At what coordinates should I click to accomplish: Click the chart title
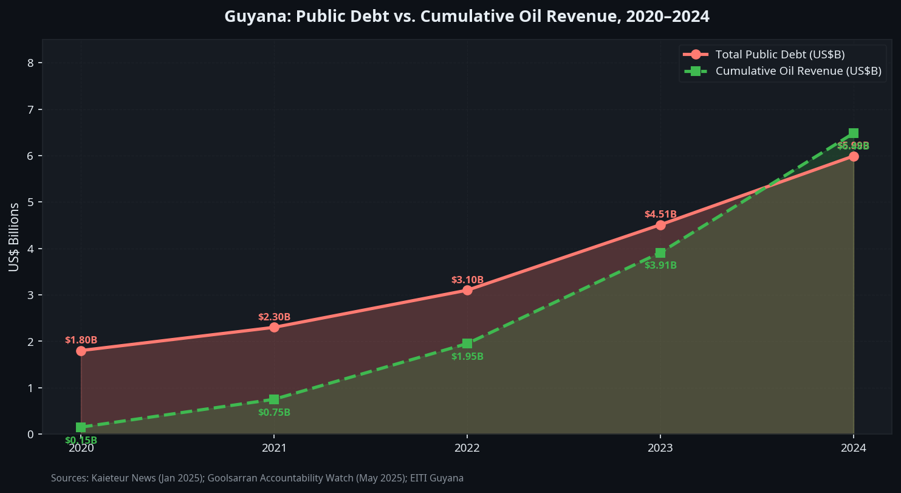(467, 16)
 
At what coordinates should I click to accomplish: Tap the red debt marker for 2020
(81, 351)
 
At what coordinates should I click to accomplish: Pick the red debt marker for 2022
(467, 290)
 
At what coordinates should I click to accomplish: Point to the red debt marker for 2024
(854, 156)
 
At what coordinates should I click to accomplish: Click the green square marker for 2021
(274, 399)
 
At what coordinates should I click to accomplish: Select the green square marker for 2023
(660, 253)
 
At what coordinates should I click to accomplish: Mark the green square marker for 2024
(854, 133)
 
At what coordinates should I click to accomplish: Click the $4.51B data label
(660, 215)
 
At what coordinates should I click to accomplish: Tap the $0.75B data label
(274, 413)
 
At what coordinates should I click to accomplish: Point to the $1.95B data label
(467, 357)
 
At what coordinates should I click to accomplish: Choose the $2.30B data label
(274, 317)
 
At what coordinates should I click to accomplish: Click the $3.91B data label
(660, 266)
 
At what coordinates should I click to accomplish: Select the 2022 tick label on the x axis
(467, 449)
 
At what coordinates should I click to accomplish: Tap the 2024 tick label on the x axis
(854, 449)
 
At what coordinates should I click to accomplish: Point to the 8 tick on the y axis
(22, 63)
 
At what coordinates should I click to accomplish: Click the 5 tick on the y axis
(22, 202)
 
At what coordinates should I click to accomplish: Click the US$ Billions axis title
(13, 237)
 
